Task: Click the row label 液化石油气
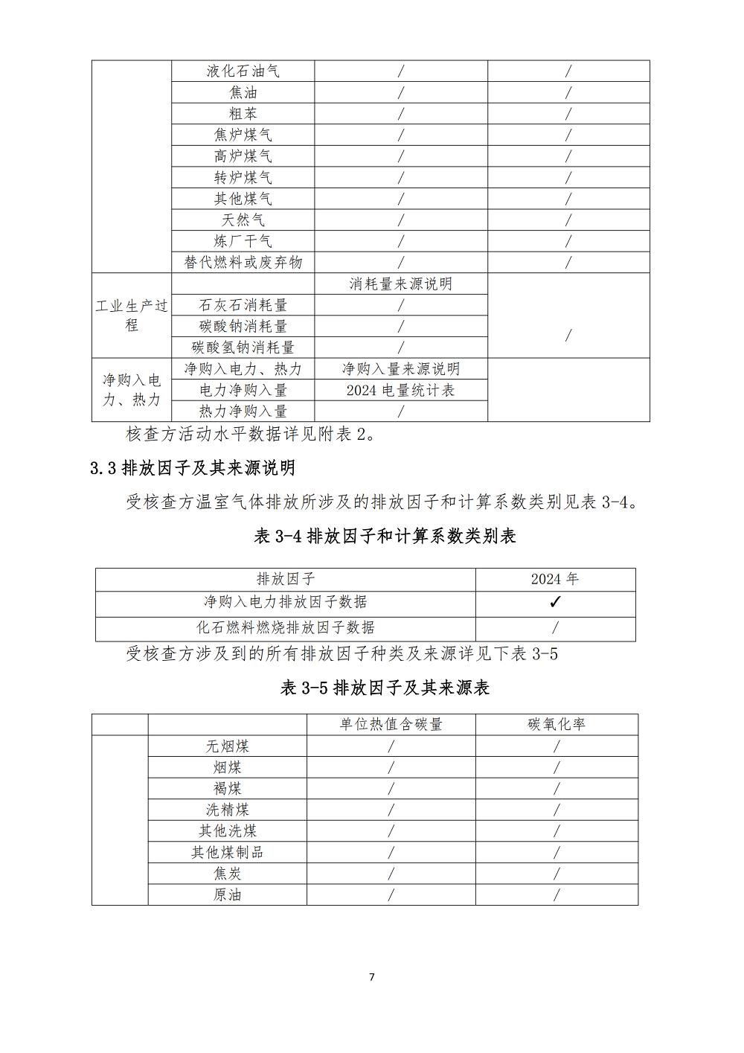coord(243,71)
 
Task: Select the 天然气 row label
coord(243,220)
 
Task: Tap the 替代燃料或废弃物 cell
coord(243,262)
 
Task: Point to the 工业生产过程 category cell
coord(132,316)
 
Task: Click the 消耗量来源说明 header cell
coord(400,284)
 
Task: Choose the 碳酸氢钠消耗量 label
coord(243,347)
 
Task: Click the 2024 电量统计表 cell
coord(400,390)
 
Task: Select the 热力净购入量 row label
coord(243,411)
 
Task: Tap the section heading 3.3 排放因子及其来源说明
coord(193,467)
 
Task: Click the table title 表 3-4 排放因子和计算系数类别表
coord(385,536)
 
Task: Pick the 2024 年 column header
coord(555,579)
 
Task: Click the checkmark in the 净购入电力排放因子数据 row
coord(554,603)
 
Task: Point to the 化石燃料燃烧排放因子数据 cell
coord(285,627)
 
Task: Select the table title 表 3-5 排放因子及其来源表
coord(385,688)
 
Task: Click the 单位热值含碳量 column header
coord(391,724)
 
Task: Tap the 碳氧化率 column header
coord(557,724)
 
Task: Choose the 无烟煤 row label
coord(227,746)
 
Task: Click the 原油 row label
coord(227,894)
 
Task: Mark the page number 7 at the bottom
coord(372,977)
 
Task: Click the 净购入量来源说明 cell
coord(400,368)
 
